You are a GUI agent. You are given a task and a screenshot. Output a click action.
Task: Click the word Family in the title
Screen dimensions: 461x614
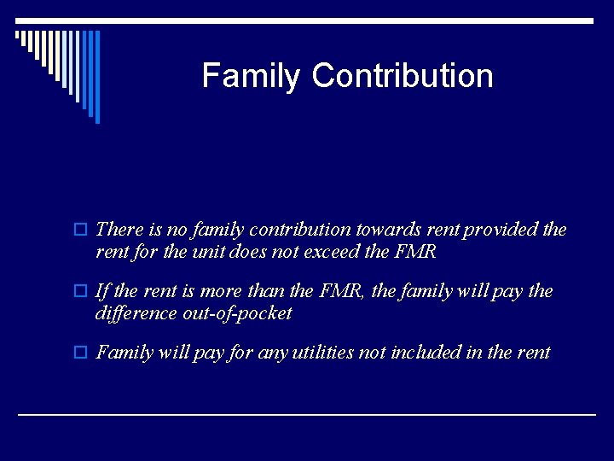[252, 76]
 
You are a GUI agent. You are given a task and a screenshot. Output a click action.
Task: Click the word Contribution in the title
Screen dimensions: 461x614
[403, 76]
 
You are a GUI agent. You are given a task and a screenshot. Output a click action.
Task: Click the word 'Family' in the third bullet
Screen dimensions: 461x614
[124, 353]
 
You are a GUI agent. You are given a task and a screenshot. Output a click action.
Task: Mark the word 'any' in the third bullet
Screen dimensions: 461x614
[271, 353]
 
